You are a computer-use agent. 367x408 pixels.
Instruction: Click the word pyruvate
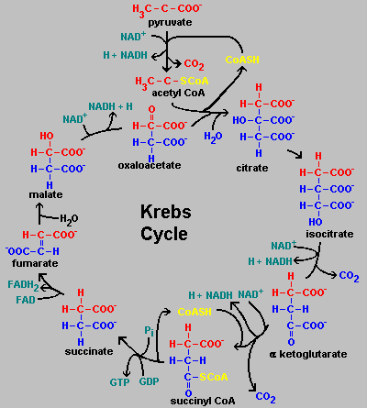[170, 23]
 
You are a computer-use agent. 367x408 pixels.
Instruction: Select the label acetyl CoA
[178, 93]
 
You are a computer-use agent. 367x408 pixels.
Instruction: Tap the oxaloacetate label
[150, 165]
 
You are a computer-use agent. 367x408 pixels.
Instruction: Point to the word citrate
[252, 168]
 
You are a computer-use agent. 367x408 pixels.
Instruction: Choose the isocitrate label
[329, 234]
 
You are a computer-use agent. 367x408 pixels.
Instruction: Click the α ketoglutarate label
[308, 354]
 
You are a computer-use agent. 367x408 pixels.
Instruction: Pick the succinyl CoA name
[203, 401]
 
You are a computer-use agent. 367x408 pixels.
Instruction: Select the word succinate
[89, 351]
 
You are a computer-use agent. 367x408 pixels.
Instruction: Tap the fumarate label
[35, 263]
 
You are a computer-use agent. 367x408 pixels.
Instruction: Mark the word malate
[46, 194]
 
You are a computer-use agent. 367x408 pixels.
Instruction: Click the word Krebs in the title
[166, 212]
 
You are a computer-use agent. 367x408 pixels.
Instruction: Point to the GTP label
[119, 382]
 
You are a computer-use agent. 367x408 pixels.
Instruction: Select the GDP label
[149, 381]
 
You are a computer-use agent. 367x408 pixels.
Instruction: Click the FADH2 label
[23, 285]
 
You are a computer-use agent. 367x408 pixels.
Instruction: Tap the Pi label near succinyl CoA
[149, 331]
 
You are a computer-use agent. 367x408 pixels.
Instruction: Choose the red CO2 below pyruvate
[194, 64]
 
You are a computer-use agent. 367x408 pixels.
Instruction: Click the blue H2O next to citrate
[213, 137]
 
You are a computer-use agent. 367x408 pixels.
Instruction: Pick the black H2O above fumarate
[69, 219]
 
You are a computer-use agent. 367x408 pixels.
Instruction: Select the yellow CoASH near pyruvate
[242, 60]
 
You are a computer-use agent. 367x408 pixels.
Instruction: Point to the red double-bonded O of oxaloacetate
[151, 109]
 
